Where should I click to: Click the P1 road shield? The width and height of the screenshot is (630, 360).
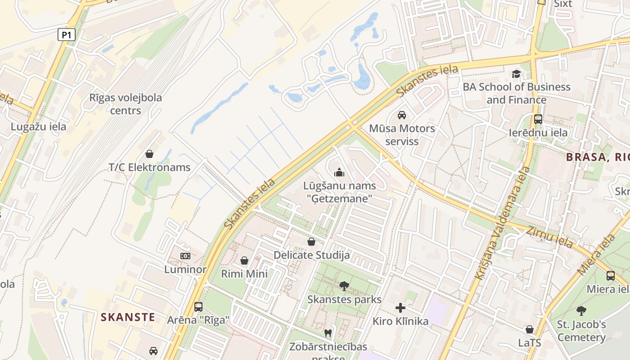pyautogui.click(x=66, y=35)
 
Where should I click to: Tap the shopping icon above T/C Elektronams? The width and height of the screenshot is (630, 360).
pyautogui.click(x=149, y=154)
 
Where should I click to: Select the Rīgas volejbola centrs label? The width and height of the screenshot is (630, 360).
pyautogui.click(x=126, y=104)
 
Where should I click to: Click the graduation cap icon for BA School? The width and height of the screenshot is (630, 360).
pyautogui.click(x=516, y=74)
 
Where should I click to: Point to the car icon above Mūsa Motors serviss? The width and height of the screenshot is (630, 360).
pyautogui.click(x=402, y=115)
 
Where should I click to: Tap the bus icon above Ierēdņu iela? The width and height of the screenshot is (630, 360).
pyautogui.click(x=538, y=119)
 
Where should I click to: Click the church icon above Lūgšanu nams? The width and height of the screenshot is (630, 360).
pyautogui.click(x=339, y=172)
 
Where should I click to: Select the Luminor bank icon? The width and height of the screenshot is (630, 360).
pyautogui.click(x=185, y=256)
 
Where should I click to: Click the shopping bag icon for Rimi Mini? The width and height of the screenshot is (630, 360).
pyautogui.click(x=244, y=261)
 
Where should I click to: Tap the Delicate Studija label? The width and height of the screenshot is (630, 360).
pyautogui.click(x=311, y=255)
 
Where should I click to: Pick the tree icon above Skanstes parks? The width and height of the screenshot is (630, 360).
pyautogui.click(x=344, y=286)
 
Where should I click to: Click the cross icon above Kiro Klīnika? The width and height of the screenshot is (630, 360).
pyautogui.click(x=400, y=308)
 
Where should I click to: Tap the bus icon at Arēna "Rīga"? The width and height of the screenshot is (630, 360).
pyautogui.click(x=198, y=307)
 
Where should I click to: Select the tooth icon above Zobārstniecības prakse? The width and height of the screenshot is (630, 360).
pyautogui.click(x=328, y=333)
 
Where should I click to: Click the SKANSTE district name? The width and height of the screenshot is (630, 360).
pyautogui.click(x=128, y=317)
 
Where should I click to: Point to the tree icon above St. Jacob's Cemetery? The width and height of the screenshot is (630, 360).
pyautogui.click(x=581, y=310)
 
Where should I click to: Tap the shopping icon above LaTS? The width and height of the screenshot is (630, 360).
pyautogui.click(x=530, y=329)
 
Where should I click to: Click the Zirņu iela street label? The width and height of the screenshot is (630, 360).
pyautogui.click(x=549, y=237)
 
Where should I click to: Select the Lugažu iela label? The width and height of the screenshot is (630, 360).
pyautogui.click(x=38, y=126)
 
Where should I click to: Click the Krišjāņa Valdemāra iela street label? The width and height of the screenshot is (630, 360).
pyautogui.click(x=502, y=223)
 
